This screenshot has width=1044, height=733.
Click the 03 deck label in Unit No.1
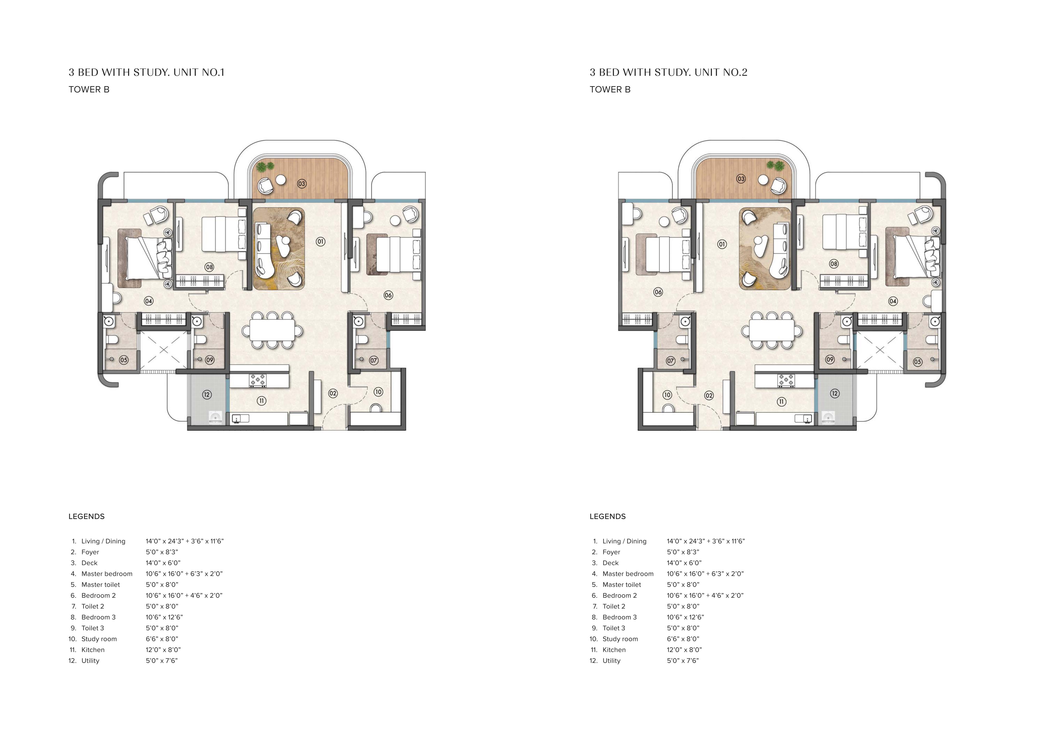[x=302, y=184]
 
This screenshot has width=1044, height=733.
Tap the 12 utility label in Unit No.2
[x=834, y=394]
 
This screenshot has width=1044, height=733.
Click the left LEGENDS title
[x=86, y=517]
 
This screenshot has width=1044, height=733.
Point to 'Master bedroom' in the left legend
[x=107, y=574]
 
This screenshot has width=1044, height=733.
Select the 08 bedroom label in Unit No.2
[x=833, y=264]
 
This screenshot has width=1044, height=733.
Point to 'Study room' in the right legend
[x=620, y=639]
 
